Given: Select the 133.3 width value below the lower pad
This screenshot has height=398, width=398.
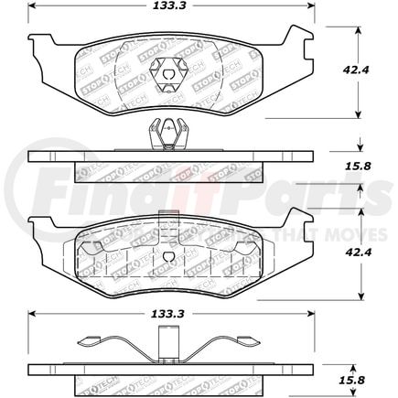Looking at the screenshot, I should (x=167, y=316).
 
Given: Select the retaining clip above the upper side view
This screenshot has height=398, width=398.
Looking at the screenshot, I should (x=165, y=134).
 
